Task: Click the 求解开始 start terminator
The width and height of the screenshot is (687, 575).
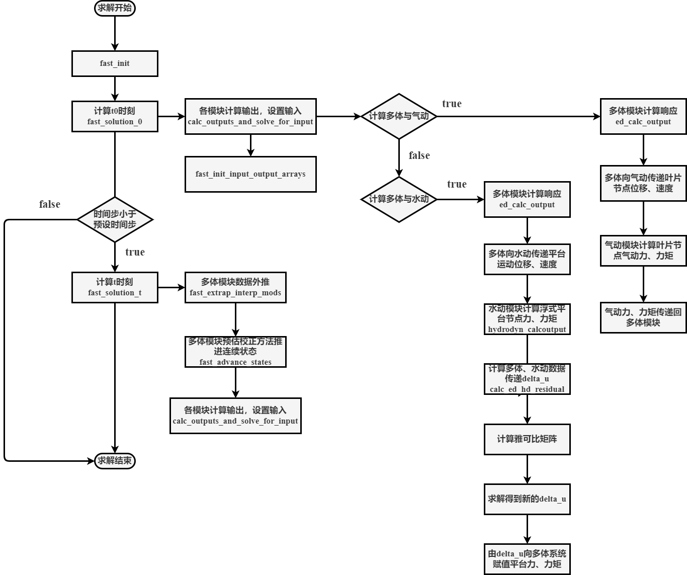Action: tap(115, 8)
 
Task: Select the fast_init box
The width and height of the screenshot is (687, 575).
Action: tap(115, 63)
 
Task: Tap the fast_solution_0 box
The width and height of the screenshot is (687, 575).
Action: tap(115, 116)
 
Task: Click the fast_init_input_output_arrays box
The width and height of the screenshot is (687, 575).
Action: tap(250, 174)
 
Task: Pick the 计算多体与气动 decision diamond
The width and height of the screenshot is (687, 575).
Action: tap(399, 116)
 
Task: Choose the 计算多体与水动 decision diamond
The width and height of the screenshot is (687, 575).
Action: tap(399, 199)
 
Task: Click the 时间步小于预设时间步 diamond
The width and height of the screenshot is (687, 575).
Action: tap(115, 219)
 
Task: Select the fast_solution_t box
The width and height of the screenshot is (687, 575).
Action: tap(115, 287)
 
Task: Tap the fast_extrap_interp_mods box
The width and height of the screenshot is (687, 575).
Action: tap(235, 287)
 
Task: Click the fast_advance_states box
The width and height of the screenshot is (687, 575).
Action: tap(235, 352)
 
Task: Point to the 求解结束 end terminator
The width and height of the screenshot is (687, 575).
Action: tap(115, 460)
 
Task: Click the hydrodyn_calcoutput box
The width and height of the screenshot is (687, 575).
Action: tap(527, 319)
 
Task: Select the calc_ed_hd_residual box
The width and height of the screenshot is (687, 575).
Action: tap(527, 379)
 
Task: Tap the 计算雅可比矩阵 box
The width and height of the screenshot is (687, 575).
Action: tap(527, 439)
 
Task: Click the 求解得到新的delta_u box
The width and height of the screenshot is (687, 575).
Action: tap(527, 499)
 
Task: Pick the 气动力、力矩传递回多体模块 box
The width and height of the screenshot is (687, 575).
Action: tap(643, 317)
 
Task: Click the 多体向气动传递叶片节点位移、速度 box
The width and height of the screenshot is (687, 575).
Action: tap(643, 183)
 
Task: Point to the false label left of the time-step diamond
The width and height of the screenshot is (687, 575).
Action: tap(50, 204)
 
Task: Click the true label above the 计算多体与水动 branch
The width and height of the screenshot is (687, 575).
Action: tap(457, 184)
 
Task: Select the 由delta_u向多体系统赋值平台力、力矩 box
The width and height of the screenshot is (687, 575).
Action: tap(527, 559)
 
